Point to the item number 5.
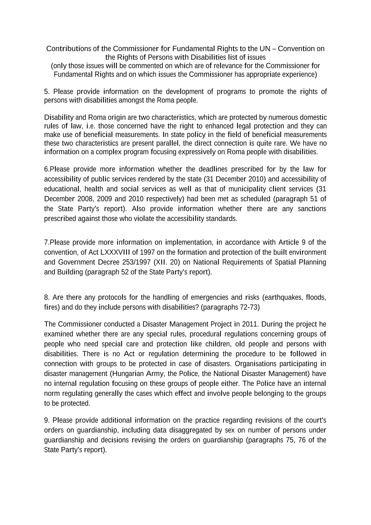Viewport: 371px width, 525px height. click(46, 92)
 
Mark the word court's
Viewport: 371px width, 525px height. click(315, 420)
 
